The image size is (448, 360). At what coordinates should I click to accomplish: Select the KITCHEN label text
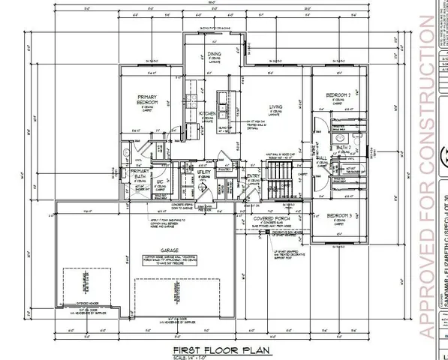[x=209, y=113]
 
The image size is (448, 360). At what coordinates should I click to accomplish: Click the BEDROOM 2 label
[x=338, y=95]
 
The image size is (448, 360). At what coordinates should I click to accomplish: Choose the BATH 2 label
[x=344, y=148]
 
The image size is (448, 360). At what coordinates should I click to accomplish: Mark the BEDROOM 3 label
[x=339, y=216]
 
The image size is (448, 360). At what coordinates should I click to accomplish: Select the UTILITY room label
[x=203, y=172]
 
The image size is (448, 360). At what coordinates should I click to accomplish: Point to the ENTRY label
[x=253, y=176]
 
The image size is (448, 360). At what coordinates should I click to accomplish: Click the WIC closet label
[x=160, y=181]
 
